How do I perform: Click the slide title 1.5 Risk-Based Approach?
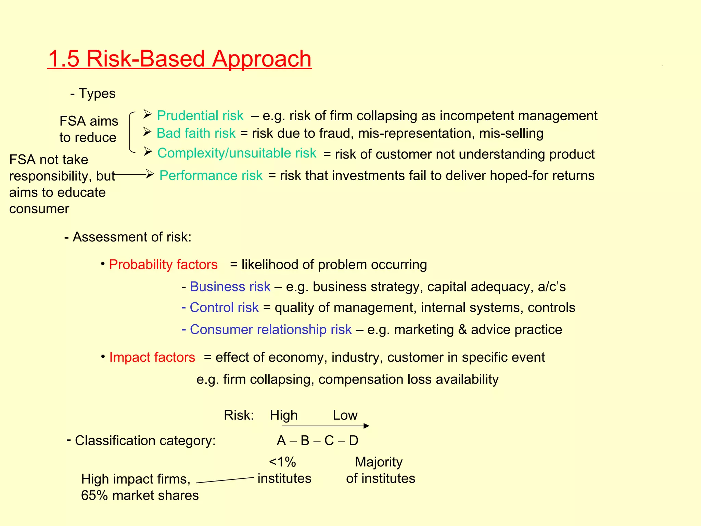pos(179,59)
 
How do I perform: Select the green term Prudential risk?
pos(200,116)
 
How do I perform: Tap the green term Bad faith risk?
pos(196,133)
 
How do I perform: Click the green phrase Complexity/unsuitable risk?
pos(237,153)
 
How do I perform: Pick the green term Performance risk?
pos(211,175)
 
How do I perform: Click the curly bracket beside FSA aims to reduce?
pos(131,132)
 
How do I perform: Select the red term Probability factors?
pos(163,265)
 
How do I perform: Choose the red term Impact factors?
pos(152,357)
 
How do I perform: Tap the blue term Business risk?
pos(230,287)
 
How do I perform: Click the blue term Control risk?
pos(224,308)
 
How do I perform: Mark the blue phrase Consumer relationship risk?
pos(270,329)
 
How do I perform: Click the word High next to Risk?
pos(283,415)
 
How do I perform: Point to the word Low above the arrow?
pos(345,415)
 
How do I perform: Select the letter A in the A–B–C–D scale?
pos(281,441)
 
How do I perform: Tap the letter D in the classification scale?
pos(354,441)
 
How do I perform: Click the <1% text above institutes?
pos(282,462)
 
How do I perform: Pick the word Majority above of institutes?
pos(379,462)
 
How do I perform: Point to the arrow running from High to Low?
pos(325,426)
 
